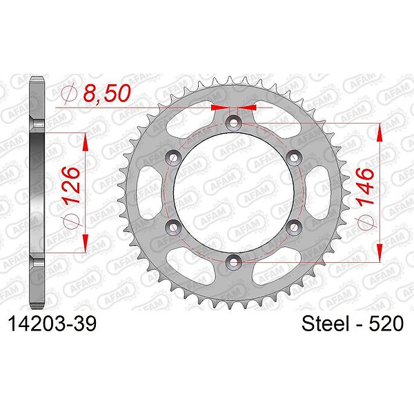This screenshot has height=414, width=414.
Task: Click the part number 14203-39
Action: point(52,324)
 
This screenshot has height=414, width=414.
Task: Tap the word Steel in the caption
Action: point(325,324)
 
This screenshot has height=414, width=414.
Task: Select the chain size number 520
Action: point(386,324)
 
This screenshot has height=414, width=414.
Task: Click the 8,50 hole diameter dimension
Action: point(107,93)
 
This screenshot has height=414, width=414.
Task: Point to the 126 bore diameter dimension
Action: point(70,185)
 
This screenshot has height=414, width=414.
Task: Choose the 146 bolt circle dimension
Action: point(366,186)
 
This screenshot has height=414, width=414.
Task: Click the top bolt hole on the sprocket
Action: point(233,123)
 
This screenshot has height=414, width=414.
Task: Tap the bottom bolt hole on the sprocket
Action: point(233,262)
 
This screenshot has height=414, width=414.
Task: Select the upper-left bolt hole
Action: point(173,157)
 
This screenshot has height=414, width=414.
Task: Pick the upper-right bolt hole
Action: point(294,157)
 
